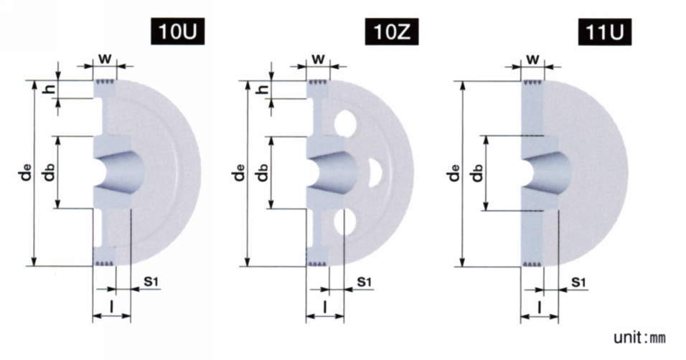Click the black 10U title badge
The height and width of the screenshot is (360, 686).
click(178, 32)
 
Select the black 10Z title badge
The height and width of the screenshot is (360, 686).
click(392, 32)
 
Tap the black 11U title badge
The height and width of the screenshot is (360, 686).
click(605, 32)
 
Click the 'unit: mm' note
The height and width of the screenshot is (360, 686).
click(639, 337)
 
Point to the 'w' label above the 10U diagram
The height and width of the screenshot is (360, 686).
click(105, 58)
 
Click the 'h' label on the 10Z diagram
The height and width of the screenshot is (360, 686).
click(263, 89)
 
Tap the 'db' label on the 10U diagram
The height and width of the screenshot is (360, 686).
click(49, 171)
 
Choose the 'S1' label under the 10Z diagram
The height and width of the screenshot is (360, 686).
click(364, 282)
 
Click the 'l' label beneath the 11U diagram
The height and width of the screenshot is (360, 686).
click(540, 307)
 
